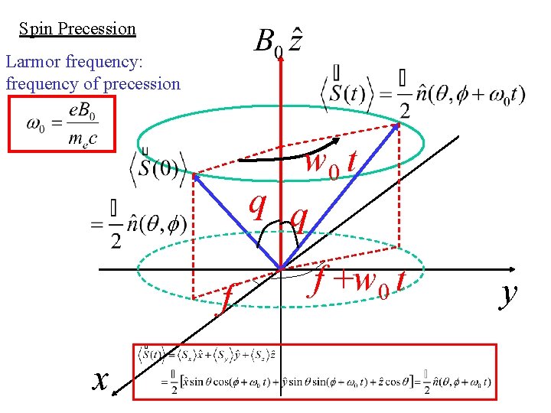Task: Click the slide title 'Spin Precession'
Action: pos(77,29)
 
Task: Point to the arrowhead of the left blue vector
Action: pos(196,177)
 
